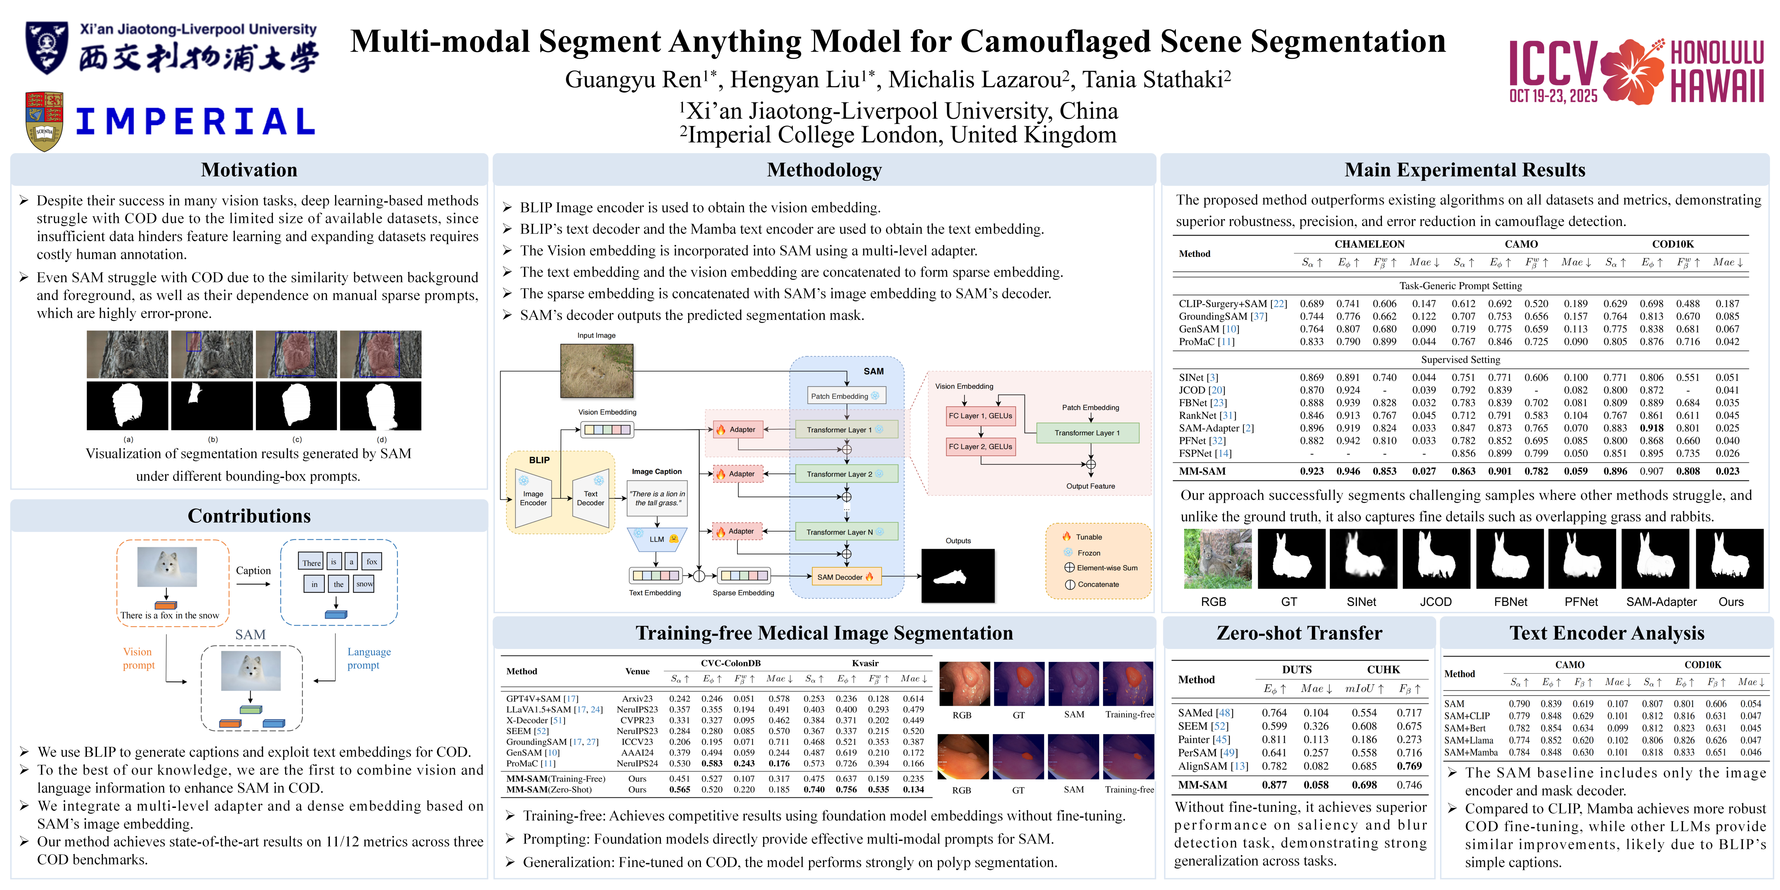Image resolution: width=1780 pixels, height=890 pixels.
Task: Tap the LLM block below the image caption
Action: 656,539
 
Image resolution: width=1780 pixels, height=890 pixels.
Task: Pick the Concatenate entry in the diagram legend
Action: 1097,584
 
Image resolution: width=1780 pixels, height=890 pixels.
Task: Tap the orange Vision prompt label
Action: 138,658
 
